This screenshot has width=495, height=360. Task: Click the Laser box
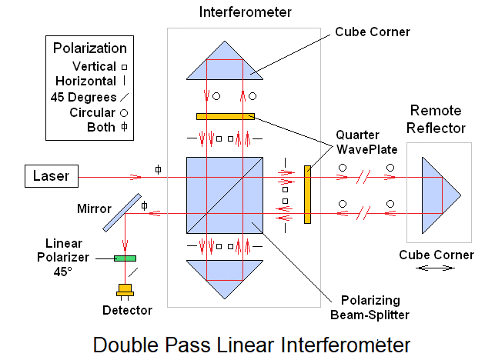click(x=51, y=176)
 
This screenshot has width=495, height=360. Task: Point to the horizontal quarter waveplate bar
click(x=226, y=116)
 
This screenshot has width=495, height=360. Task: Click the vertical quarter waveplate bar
click(x=307, y=194)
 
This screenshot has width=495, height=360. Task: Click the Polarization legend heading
click(x=89, y=48)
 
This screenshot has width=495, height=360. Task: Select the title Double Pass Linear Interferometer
click(x=252, y=343)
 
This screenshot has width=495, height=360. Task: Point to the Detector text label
click(x=127, y=310)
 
